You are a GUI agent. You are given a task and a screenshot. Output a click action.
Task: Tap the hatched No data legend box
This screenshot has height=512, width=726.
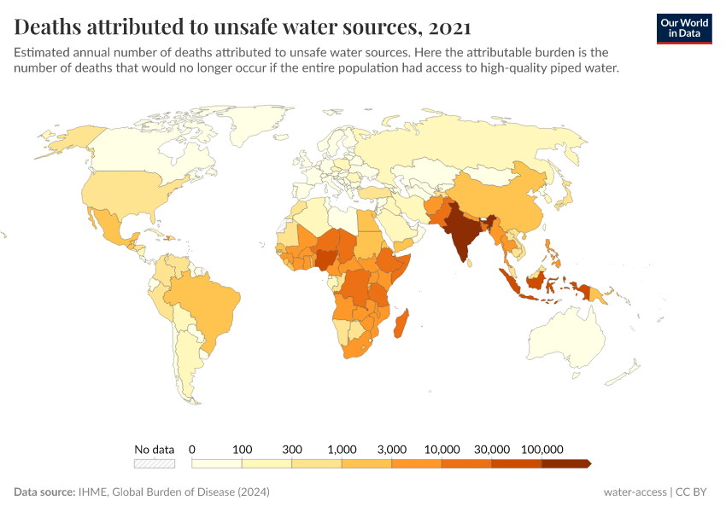[154, 463]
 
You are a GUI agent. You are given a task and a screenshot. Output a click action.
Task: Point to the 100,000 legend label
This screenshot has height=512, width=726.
[542, 449]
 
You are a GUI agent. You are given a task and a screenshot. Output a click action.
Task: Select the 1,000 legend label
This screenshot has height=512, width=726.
[342, 449]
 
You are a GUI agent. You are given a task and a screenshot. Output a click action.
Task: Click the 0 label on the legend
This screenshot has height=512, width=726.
[192, 449]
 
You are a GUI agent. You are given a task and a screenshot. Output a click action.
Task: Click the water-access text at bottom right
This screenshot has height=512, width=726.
[635, 492]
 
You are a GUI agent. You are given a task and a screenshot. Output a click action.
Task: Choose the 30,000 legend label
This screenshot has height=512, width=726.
[492, 449]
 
